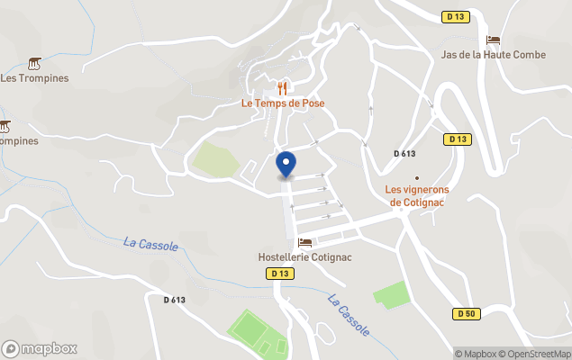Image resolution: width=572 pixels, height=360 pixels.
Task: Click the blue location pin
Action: click(286, 166)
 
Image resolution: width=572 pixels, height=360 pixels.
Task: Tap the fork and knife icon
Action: click(283, 88)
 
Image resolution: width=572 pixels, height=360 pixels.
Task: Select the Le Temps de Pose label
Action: click(283, 103)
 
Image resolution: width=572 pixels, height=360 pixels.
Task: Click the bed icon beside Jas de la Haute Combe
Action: click(493, 40)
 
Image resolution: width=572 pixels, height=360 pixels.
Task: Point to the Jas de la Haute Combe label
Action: click(494, 55)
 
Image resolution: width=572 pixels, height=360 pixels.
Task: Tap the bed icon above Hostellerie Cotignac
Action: click(305, 242)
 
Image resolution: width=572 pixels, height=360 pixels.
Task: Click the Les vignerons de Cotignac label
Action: click(417, 195)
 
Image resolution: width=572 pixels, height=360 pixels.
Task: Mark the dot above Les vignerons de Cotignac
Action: click(416, 177)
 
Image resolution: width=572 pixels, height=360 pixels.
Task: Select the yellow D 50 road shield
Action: click(465, 313)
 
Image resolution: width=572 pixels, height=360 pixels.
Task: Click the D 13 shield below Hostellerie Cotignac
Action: click(279, 273)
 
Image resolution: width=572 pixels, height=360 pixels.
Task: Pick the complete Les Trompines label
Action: click(34, 77)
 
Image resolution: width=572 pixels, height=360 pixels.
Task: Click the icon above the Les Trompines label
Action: click(34, 63)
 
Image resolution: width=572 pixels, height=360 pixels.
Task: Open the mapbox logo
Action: click(40, 348)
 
